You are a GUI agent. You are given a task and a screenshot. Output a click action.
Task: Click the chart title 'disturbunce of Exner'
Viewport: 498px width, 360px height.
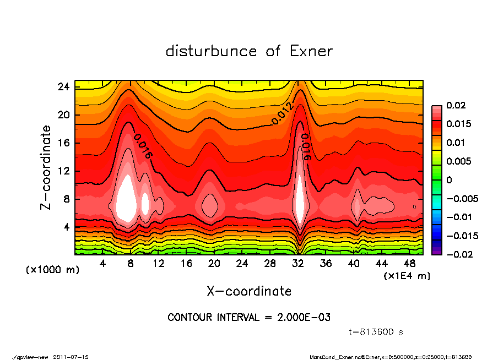point(249,52)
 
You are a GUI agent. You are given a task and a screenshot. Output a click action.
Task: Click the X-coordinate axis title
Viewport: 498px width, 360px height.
point(249,291)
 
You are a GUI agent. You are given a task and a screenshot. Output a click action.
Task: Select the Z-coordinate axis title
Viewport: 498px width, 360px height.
point(46,167)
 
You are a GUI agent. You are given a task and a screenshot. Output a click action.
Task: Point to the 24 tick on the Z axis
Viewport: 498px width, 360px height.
point(63,87)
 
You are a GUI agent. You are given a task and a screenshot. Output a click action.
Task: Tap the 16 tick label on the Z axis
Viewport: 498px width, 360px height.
point(63,143)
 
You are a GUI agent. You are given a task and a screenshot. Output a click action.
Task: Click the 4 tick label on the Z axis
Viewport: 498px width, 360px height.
point(66,227)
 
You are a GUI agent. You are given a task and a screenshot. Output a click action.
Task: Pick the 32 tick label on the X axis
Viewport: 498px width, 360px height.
point(298,264)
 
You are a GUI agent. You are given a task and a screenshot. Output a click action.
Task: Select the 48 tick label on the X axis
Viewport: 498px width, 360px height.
point(410,264)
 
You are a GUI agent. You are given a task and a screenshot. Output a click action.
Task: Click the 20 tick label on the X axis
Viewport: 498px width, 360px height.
point(214,264)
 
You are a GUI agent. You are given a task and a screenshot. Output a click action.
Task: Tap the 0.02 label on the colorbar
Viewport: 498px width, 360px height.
point(457,105)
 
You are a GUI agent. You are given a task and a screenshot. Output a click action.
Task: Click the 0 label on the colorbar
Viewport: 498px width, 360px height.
point(449,180)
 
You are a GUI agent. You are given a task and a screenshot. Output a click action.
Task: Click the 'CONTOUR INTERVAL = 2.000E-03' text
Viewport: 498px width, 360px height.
point(249,318)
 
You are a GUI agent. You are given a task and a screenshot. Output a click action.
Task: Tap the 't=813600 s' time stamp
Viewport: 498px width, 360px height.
point(377,332)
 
